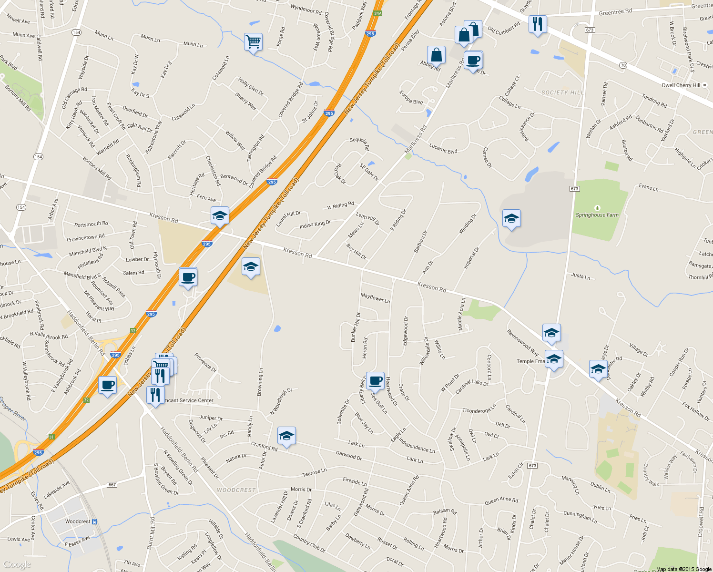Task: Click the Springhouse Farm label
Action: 597,215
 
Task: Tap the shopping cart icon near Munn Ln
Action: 253,42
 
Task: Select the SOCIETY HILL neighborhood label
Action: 562,92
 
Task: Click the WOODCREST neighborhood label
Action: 236,490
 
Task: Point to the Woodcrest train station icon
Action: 95,521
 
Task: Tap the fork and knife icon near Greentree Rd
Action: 537,24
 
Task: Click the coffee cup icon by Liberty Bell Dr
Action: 375,380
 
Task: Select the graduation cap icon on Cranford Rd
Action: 286,436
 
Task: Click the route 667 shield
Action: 112,485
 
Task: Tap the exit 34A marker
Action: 377,13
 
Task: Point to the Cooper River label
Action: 13,409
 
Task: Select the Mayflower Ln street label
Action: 375,298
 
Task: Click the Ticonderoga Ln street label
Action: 479,410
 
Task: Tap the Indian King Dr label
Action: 315,224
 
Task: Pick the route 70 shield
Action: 623,65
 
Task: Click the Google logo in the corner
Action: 17,565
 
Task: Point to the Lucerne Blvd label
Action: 443,149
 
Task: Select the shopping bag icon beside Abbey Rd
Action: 436,55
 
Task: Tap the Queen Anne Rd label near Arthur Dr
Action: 501,500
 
